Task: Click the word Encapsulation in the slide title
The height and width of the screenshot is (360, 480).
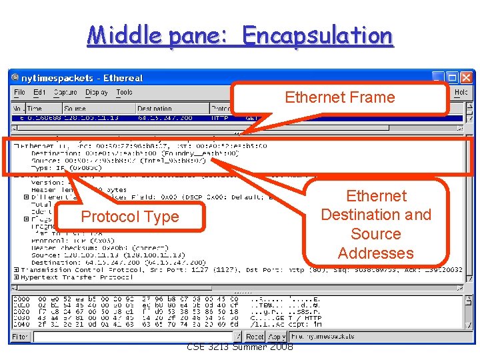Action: [317, 35]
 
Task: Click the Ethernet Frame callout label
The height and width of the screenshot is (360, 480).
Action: [340, 97]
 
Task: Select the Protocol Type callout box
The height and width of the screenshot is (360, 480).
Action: [130, 217]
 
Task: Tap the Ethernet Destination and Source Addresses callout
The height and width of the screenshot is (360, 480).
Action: [376, 224]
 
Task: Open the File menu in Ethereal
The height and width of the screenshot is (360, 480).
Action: [20, 93]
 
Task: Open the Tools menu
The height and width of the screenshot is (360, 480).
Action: [124, 93]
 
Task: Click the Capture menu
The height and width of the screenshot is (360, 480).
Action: [65, 93]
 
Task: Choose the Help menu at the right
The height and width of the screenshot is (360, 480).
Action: [461, 93]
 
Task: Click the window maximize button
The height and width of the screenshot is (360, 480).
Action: [452, 77]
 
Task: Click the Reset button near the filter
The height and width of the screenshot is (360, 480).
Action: [255, 337]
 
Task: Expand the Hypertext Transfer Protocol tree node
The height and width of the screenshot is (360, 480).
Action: [16, 277]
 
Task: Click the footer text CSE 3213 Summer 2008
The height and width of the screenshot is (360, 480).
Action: [240, 347]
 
